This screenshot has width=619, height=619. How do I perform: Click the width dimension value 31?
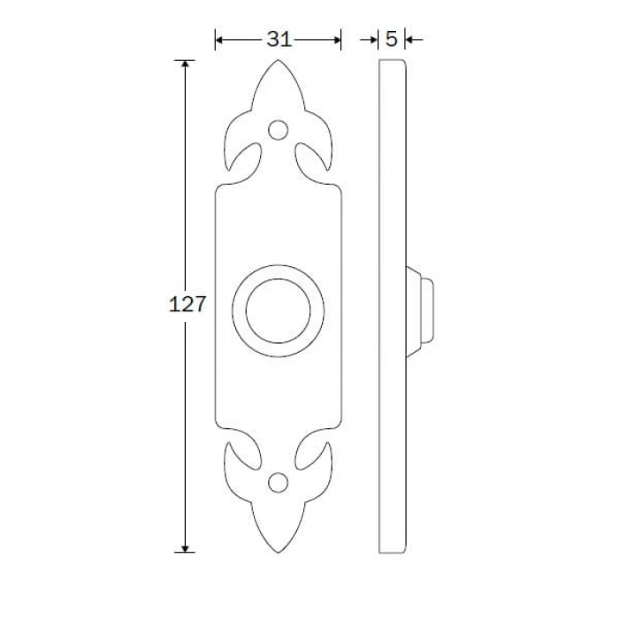click(x=279, y=40)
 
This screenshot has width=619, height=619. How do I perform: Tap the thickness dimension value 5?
click(x=391, y=39)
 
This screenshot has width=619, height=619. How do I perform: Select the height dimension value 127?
click(x=187, y=304)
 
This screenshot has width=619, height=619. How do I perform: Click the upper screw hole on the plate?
click(x=278, y=130)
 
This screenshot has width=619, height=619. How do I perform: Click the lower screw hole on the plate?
click(x=278, y=483)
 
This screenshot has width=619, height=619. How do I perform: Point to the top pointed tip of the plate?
click(x=278, y=60)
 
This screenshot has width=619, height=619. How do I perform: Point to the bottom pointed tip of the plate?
click(x=278, y=553)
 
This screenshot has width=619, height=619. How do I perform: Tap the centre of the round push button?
click(x=278, y=311)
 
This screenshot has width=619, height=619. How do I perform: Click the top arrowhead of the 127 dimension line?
click(x=185, y=63)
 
